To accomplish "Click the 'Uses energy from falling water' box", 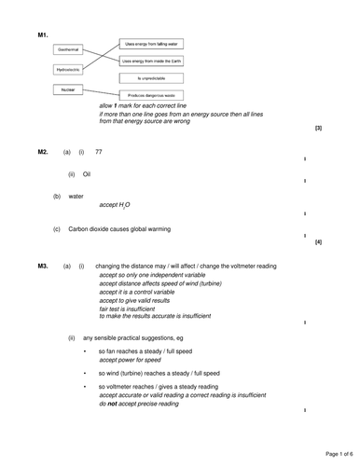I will (151, 43).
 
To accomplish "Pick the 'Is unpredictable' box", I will (151, 77).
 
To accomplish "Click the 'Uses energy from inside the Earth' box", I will (151, 60).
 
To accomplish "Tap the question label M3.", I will (43, 266).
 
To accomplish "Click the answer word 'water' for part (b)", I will (76, 197).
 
